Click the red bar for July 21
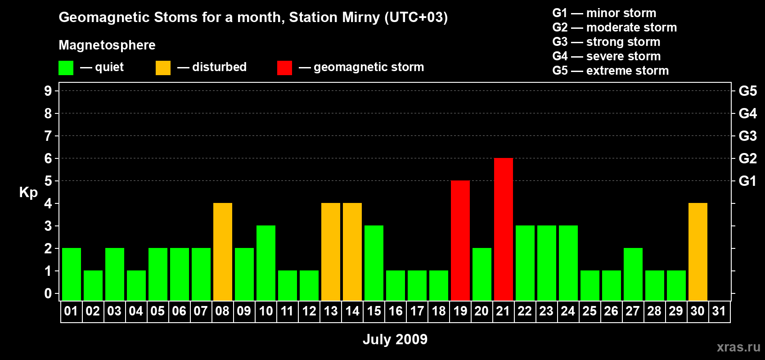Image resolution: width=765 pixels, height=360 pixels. click(503, 229)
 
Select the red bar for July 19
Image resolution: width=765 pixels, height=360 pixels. click(460, 241)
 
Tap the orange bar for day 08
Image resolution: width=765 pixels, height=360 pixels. click(222, 252)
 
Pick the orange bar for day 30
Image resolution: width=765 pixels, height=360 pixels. click(697, 252)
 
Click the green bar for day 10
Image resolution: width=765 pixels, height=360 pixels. click(265, 263)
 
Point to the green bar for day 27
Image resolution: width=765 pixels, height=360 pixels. click(633, 274)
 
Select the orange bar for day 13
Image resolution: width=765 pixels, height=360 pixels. click(330, 252)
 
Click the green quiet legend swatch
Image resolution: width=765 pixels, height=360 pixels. click(66, 68)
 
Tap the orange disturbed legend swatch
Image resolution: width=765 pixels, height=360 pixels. click(163, 68)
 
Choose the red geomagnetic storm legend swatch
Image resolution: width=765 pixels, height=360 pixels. click(284, 68)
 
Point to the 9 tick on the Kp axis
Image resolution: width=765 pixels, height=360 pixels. click(48, 91)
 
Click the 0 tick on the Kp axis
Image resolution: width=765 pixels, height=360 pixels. click(48, 294)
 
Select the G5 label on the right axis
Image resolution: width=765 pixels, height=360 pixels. click(747, 91)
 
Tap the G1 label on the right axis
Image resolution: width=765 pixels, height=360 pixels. click(747, 181)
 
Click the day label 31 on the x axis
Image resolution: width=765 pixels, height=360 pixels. click(719, 311)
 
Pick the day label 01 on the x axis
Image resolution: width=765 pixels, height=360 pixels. click(71, 311)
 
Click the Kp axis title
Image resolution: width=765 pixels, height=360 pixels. click(28, 193)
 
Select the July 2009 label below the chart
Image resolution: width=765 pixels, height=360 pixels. click(395, 339)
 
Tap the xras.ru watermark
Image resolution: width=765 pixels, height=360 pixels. click(738, 347)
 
